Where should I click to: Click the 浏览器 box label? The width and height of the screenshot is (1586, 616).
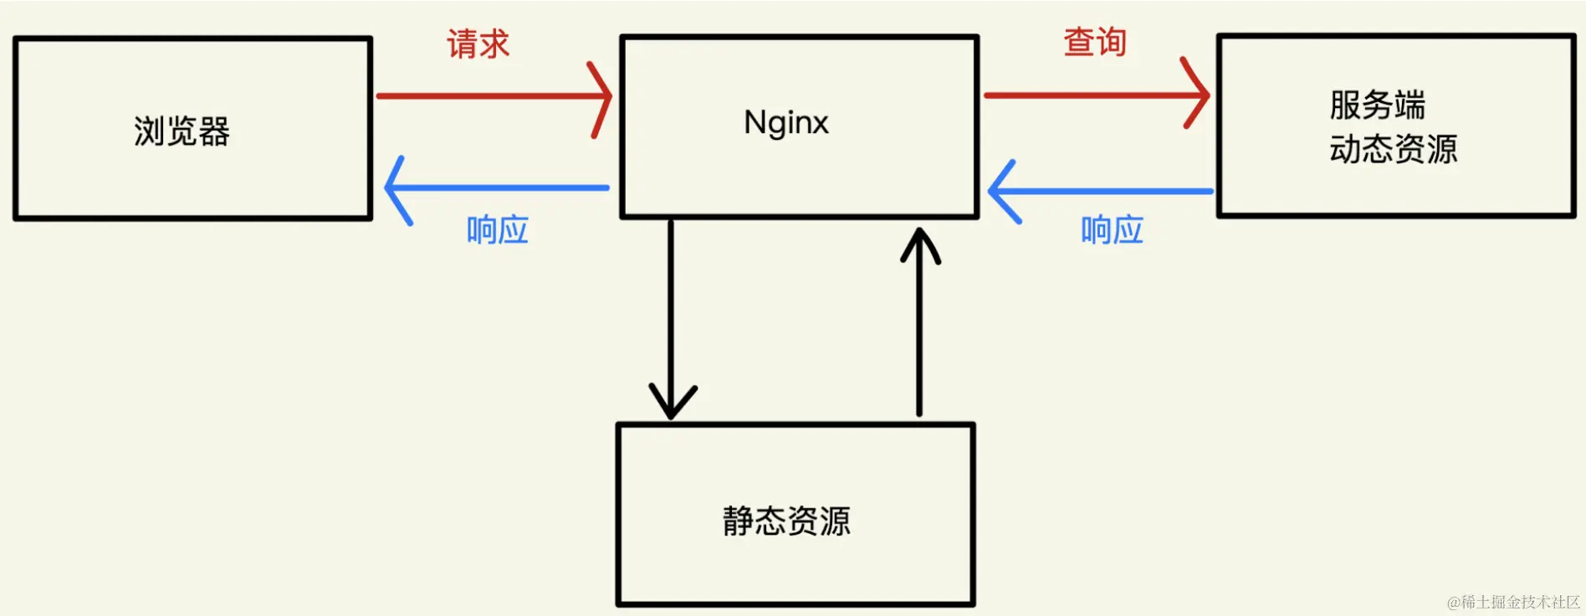pos(182,131)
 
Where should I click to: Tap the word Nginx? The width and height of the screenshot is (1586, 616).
pos(785,123)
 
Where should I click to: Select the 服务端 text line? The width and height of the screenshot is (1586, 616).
pos(1377,105)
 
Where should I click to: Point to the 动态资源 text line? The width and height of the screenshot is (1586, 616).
pos(1393,150)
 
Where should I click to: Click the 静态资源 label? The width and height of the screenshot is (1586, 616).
pos(786,521)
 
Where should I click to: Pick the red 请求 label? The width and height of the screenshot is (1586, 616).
pos(478,44)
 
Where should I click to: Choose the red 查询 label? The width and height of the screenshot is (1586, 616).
pos(1094,42)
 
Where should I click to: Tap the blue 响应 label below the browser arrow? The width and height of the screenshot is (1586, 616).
pos(497,230)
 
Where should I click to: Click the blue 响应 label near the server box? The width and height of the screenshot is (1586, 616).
pos(1112,230)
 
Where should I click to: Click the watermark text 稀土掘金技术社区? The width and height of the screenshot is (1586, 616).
pos(1513,602)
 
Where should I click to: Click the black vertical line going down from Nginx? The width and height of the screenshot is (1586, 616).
pos(671,310)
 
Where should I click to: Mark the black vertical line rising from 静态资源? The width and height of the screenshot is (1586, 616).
pos(919,335)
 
